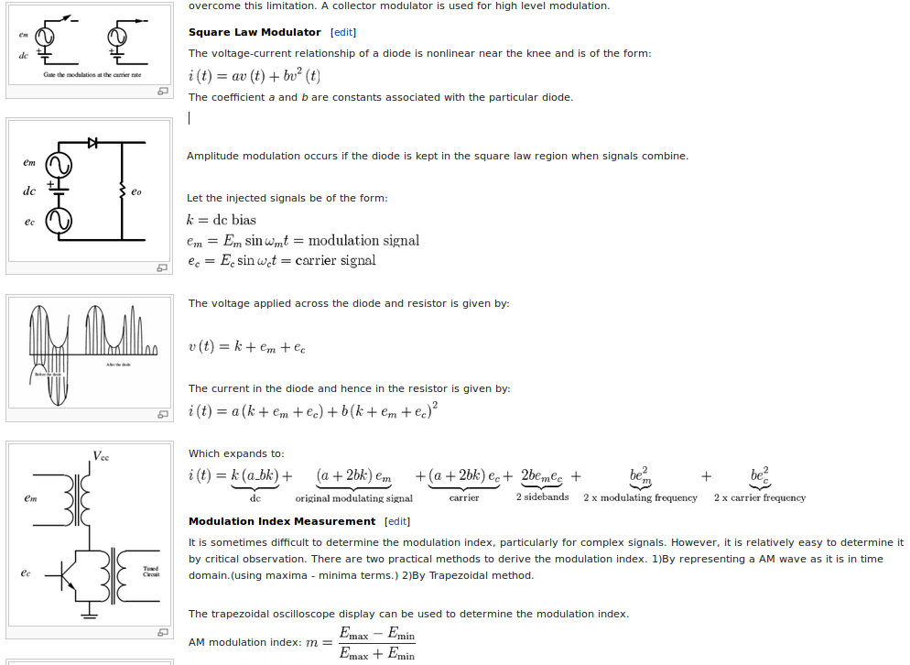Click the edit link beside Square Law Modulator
click(x=343, y=32)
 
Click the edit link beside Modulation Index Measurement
click(x=397, y=521)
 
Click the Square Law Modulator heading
click(x=255, y=32)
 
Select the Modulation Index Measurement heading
click(x=282, y=521)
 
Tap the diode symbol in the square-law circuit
click(x=92, y=143)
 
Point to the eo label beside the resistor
click(x=136, y=192)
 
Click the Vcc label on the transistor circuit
click(x=101, y=455)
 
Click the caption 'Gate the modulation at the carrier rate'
click(x=92, y=74)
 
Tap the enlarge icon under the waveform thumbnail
click(x=162, y=414)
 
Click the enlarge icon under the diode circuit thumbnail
click(x=162, y=267)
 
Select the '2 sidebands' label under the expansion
click(x=542, y=497)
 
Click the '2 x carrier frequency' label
click(x=759, y=498)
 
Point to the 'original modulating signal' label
click(x=353, y=498)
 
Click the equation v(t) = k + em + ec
click(x=247, y=346)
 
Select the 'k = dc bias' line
click(x=221, y=220)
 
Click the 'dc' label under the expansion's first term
click(x=255, y=498)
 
